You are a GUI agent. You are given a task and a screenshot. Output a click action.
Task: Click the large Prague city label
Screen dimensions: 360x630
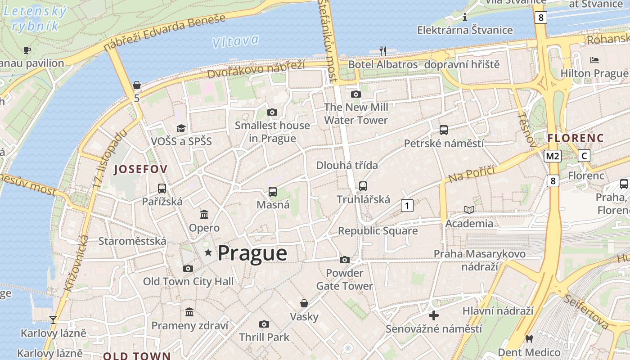252,253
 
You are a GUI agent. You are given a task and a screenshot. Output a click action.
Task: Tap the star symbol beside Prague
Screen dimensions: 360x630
208,253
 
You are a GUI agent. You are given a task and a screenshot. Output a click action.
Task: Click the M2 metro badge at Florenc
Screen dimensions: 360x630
552,156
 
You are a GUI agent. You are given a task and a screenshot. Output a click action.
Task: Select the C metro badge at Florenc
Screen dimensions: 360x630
584,156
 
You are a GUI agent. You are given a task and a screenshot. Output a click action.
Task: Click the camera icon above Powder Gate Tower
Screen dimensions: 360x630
345,260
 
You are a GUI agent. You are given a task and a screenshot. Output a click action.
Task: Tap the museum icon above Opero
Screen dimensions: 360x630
204,214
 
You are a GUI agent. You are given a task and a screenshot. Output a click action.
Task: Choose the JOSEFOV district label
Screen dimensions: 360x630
141,169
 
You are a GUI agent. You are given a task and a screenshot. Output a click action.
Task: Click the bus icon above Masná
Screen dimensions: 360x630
273,191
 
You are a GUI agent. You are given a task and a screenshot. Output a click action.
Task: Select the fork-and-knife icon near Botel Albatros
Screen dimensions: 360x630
383,51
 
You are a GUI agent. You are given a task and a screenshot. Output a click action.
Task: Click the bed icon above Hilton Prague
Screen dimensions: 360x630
594,60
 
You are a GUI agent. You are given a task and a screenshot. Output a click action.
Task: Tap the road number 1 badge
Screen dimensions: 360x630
407,206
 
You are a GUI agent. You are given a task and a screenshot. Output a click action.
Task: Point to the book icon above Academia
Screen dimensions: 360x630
469,210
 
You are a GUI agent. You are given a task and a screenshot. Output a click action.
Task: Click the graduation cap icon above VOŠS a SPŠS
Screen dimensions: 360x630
181,128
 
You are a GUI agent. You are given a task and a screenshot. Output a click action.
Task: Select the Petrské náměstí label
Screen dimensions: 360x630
444,144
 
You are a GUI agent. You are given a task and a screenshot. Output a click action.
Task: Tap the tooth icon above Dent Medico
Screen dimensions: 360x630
529,339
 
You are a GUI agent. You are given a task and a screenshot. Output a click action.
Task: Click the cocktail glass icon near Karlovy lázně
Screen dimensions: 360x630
53,319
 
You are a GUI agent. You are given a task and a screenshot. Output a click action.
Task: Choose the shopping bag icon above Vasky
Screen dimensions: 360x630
304,303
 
